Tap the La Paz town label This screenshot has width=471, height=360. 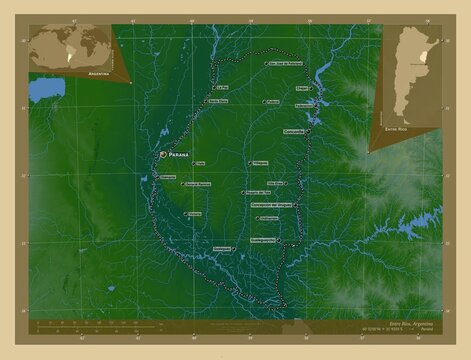pos(221,87)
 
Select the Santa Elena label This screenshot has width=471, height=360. pos(218,101)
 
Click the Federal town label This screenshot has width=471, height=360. pos(273,102)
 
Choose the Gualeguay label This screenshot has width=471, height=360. pos(223,246)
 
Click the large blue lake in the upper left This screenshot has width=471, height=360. pos(46,90)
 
